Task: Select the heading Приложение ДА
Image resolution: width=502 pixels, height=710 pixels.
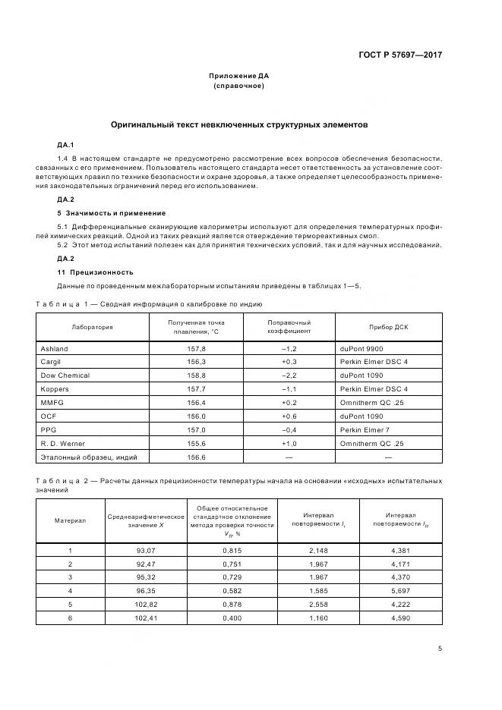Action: (239, 76)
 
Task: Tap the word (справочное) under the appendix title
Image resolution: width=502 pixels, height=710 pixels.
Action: (239, 86)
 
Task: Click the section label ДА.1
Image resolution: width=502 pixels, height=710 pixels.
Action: (65, 144)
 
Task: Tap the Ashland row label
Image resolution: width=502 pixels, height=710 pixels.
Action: (54, 348)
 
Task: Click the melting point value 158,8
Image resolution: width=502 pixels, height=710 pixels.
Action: (196, 375)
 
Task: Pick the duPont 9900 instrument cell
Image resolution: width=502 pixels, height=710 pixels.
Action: (363, 348)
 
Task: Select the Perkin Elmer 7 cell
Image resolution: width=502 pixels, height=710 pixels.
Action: (367, 429)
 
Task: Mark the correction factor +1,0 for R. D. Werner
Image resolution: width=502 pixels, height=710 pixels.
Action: (289, 443)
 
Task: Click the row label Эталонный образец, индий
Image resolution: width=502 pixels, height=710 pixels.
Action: (83, 457)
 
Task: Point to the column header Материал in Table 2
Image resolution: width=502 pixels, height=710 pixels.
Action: (70, 520)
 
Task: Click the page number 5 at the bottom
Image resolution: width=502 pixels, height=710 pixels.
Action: (440, 649)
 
